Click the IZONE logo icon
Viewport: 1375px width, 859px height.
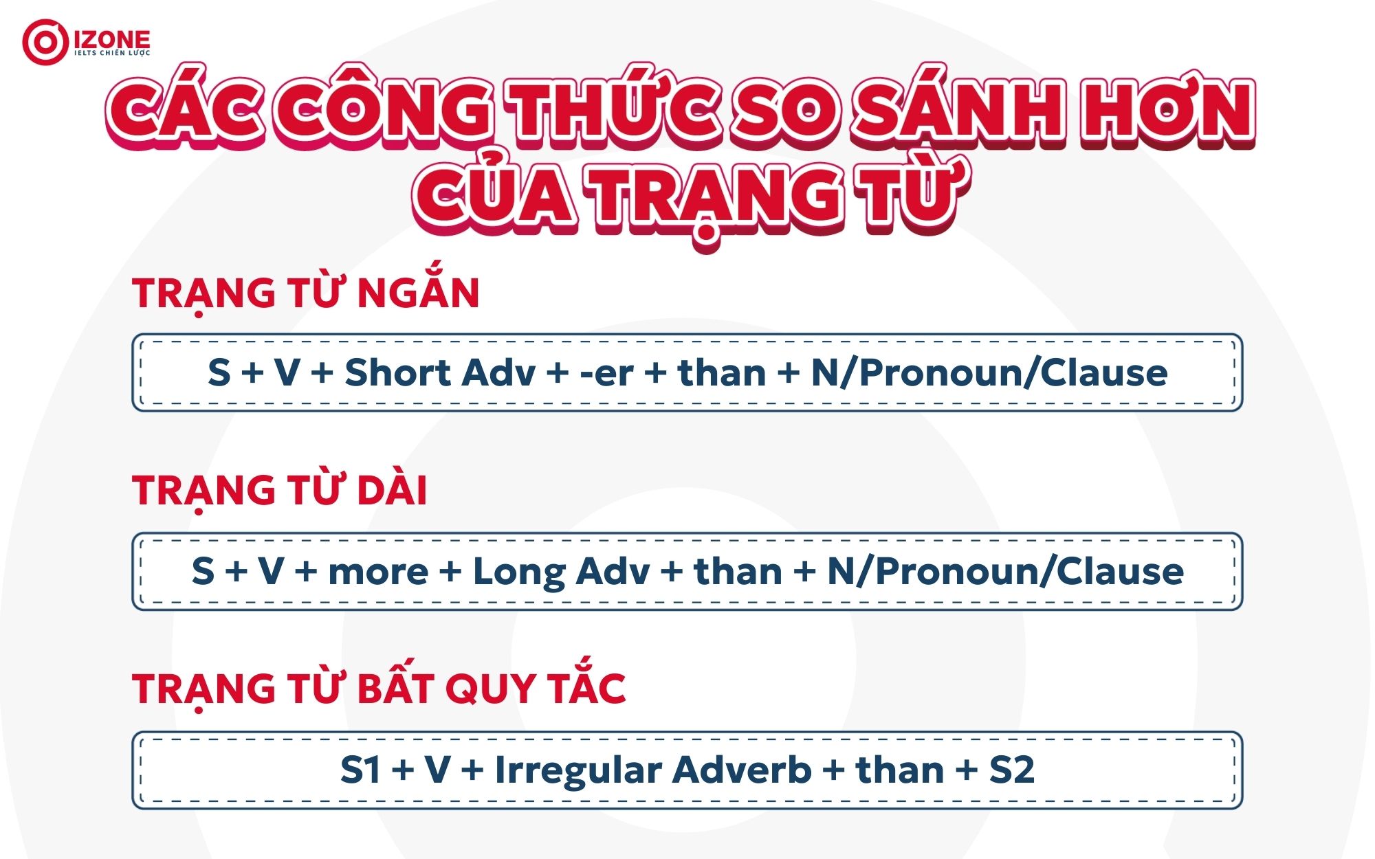pyautogui.click(x=44, y=42)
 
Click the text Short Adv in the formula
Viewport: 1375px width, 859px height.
pyautogui.click(x=440, y=373)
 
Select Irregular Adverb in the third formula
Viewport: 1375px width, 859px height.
pyautogui.click(x=653, y=770)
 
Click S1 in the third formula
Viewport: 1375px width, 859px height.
pyautogui.click(x=360, y=770)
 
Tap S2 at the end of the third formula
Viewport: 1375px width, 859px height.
pyautogui.click(x=1011, y=770)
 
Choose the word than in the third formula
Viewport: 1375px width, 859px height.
pyautogui.click(x=899, y=770)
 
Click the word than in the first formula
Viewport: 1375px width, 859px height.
pyautogui.click(x=722, y=373)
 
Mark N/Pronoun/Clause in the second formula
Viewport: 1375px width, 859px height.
pyautogui.click(x=1005, y=572)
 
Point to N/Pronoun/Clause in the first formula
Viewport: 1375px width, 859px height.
pyautogui.click(x=989, y=373)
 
